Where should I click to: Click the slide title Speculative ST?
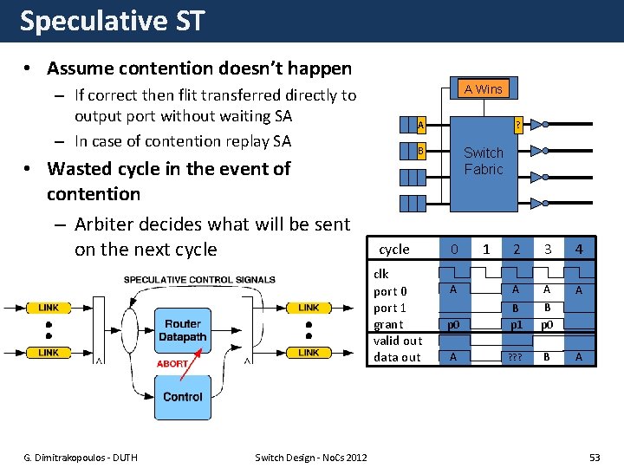pos(112,21)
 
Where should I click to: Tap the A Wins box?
pos(483,88)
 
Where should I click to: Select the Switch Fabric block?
pos(483,160)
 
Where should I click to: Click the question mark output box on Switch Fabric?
pos(517,126)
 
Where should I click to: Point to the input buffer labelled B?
pos(419,152)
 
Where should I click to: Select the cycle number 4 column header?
pos(579,250)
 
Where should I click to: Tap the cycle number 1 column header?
pos(485,250)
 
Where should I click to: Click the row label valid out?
pos(398,341)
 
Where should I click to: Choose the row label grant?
pos(388,324)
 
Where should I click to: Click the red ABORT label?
pos(172,364)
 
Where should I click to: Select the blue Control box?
pos(183,397)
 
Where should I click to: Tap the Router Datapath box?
pos(183,329)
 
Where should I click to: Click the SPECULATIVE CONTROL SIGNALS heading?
pos(199,279)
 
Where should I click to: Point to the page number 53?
pos(594,457)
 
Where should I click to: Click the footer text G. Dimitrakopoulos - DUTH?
pos(81,458)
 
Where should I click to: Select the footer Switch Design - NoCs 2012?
pos(311,458)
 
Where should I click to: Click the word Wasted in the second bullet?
pos(81,168)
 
